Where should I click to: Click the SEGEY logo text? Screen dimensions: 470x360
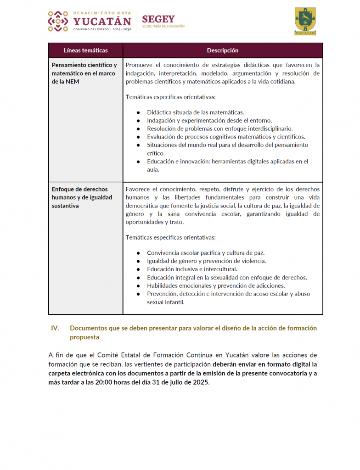[158, 19]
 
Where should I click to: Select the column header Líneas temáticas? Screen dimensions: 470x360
[86, 50]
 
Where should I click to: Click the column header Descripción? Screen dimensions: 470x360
[223, 50]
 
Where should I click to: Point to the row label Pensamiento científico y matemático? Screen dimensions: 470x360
[84, 73]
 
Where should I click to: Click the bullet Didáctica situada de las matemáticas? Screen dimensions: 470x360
[195, 112]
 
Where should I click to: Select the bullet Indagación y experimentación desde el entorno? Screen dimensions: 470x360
[209, 120]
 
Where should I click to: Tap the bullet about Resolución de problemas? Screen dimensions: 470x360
[219, 129]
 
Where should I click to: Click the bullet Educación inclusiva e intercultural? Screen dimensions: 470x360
[192, 269]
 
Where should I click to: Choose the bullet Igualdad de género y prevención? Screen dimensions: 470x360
[206, 261]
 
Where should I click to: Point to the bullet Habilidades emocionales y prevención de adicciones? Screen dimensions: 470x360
[215, 285]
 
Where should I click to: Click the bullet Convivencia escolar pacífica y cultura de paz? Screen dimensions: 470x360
[205, 253]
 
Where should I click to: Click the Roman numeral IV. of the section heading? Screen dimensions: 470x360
[55, 328]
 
